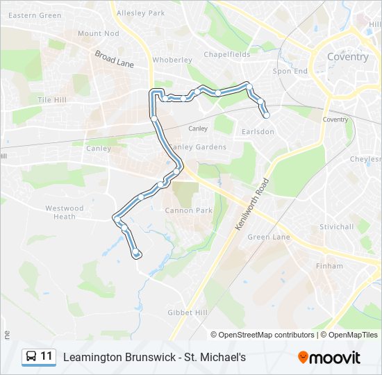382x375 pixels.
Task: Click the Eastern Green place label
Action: pos(35,15)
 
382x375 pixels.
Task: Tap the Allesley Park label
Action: pos(141,12)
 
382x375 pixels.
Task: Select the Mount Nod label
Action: pos(99,33)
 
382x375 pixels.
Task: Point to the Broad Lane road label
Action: pos(114,58)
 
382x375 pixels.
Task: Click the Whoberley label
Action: pos(172,60)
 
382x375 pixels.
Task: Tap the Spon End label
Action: pos(290,71)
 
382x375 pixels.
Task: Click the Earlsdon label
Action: pos(258,131)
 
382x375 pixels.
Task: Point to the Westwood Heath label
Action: pos(65,212)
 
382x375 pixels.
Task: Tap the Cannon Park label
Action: pos(188,210)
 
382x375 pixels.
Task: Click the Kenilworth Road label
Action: pos(257,209)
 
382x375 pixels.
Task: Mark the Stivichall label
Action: pos(337,227)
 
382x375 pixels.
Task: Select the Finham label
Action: pos(329,266)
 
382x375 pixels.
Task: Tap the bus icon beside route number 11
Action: pos(32,356)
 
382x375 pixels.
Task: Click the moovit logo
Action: pos(329,357)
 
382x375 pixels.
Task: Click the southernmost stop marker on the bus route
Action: pos(136,253)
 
